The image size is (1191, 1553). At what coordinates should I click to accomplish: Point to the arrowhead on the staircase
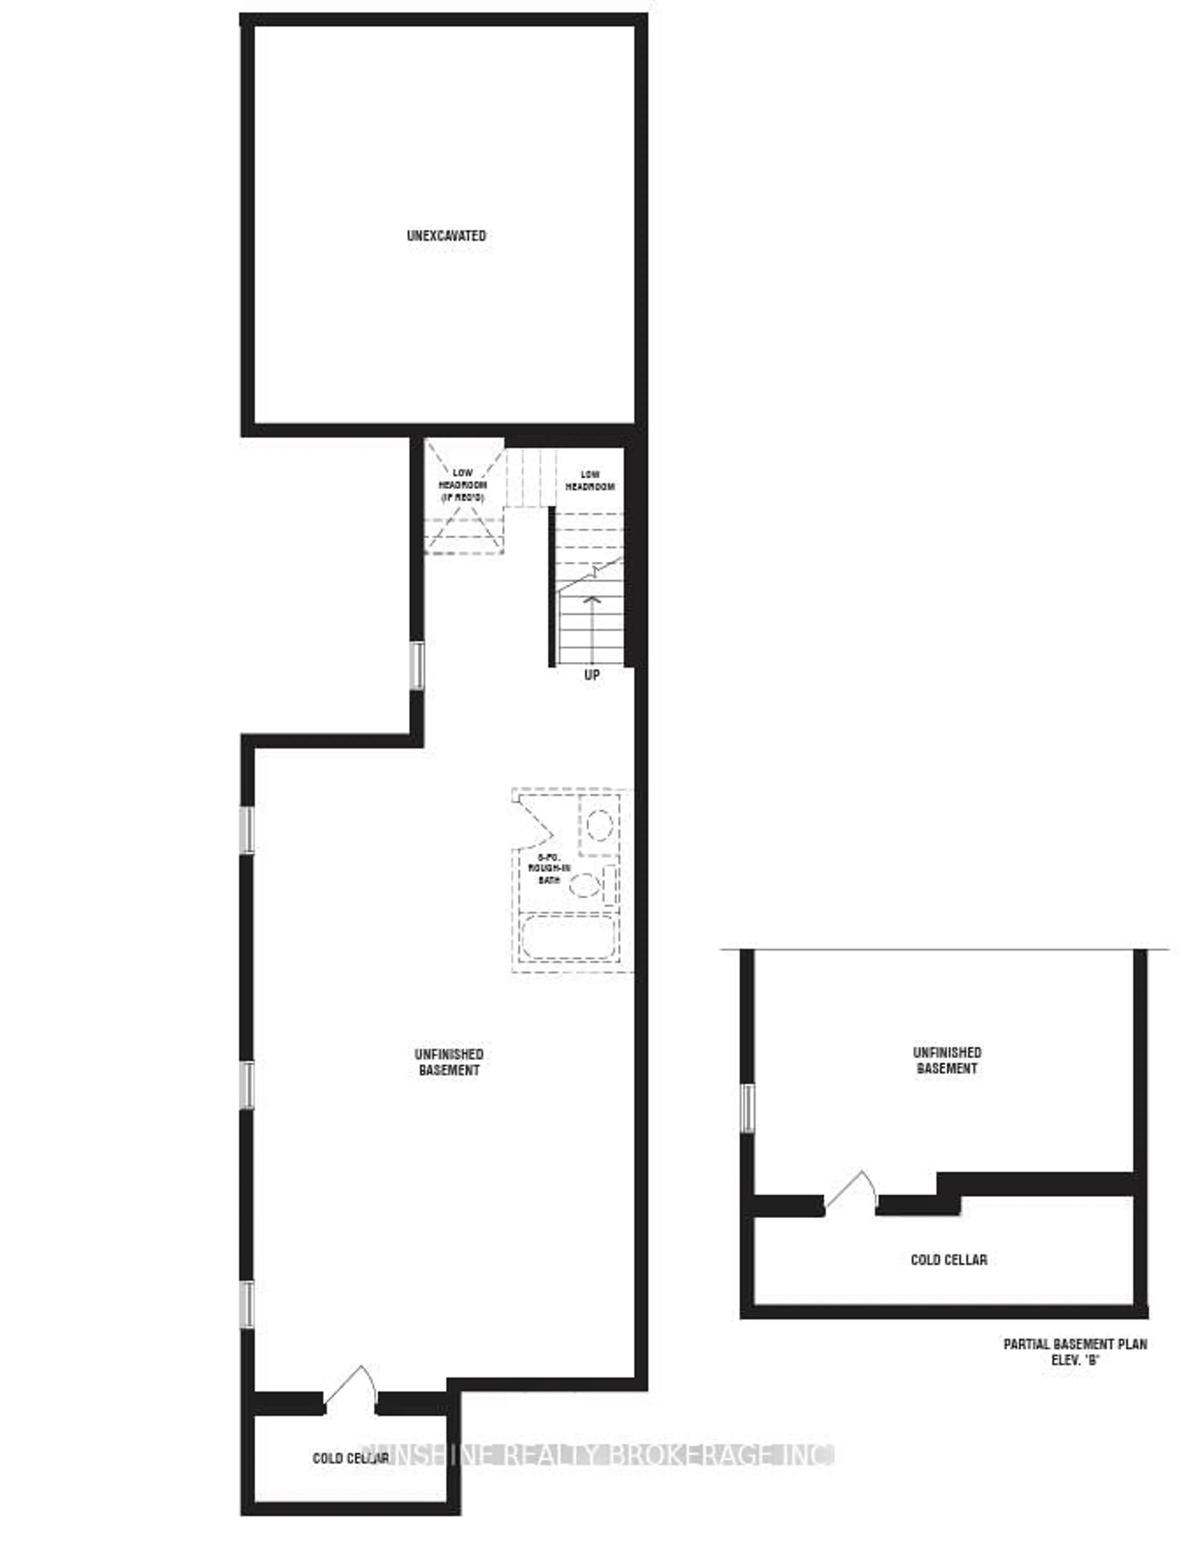591,600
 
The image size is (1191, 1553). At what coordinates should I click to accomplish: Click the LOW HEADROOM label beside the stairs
590,480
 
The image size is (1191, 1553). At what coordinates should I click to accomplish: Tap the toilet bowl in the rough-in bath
585,885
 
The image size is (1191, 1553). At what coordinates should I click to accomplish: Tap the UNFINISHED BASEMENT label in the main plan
449,1062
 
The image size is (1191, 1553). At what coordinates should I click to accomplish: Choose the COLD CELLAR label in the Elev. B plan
948,1260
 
